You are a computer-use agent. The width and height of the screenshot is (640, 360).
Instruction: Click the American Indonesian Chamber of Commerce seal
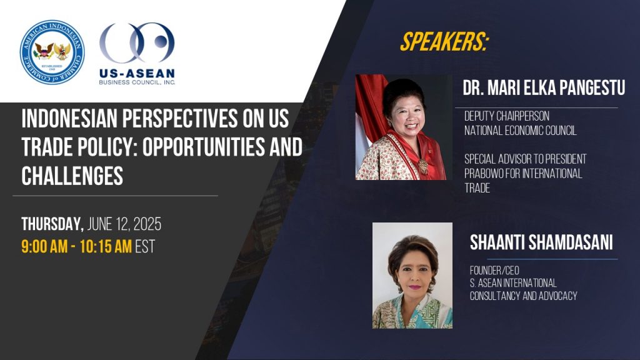point(52,52)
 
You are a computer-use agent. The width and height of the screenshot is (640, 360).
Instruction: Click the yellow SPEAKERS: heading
point(444,42)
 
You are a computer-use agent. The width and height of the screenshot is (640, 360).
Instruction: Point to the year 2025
point(147,224)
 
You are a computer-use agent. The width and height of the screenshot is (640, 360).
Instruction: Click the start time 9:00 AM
point(44,246)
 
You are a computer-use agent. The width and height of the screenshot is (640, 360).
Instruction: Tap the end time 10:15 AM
point(105,246)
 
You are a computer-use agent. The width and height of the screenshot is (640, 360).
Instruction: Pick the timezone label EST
point(145,246)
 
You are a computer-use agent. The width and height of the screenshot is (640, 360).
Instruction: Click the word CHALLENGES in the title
point(72,176)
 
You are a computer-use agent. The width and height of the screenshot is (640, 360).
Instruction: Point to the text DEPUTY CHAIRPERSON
point(506,116)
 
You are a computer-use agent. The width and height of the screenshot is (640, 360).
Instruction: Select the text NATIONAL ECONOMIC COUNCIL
point(521,131)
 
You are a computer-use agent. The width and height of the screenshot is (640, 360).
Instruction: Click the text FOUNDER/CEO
point(494,270)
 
